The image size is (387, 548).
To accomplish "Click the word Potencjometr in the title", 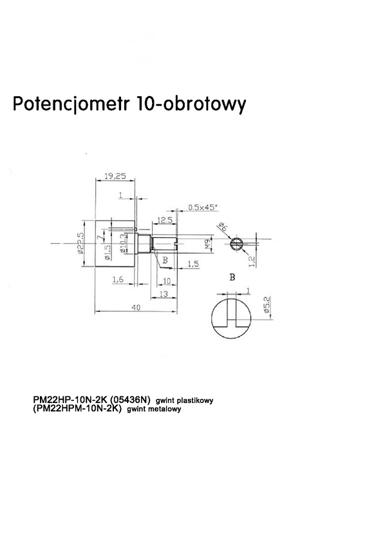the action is pyautogui.click(x=71, y=104).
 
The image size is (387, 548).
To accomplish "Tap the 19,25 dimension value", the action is pyautogui.click(x=114, y=175).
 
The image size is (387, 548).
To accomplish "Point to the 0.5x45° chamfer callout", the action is pyautogui.click(x=203, y=207).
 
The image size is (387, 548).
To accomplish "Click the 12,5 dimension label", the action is pyautogui.click(x=164, y=220).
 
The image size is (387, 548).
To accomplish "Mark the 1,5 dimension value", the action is pyautogui.click(x=192, y=264).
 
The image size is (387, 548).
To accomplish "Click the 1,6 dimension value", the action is pyautogui.click(x=117, y=279).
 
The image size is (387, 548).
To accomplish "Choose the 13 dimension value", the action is pyautogui.click(x=164, y=293).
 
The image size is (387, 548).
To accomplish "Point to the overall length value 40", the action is pyautogui.click(x=137, y=308).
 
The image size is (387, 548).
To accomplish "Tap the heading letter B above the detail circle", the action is pyautogui.click(x=232, y=277).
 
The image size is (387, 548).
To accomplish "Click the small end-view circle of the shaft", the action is pyautogui.click(x=236, y=244).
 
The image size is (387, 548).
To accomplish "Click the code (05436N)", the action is pyautogui.click(x=130, y=400).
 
